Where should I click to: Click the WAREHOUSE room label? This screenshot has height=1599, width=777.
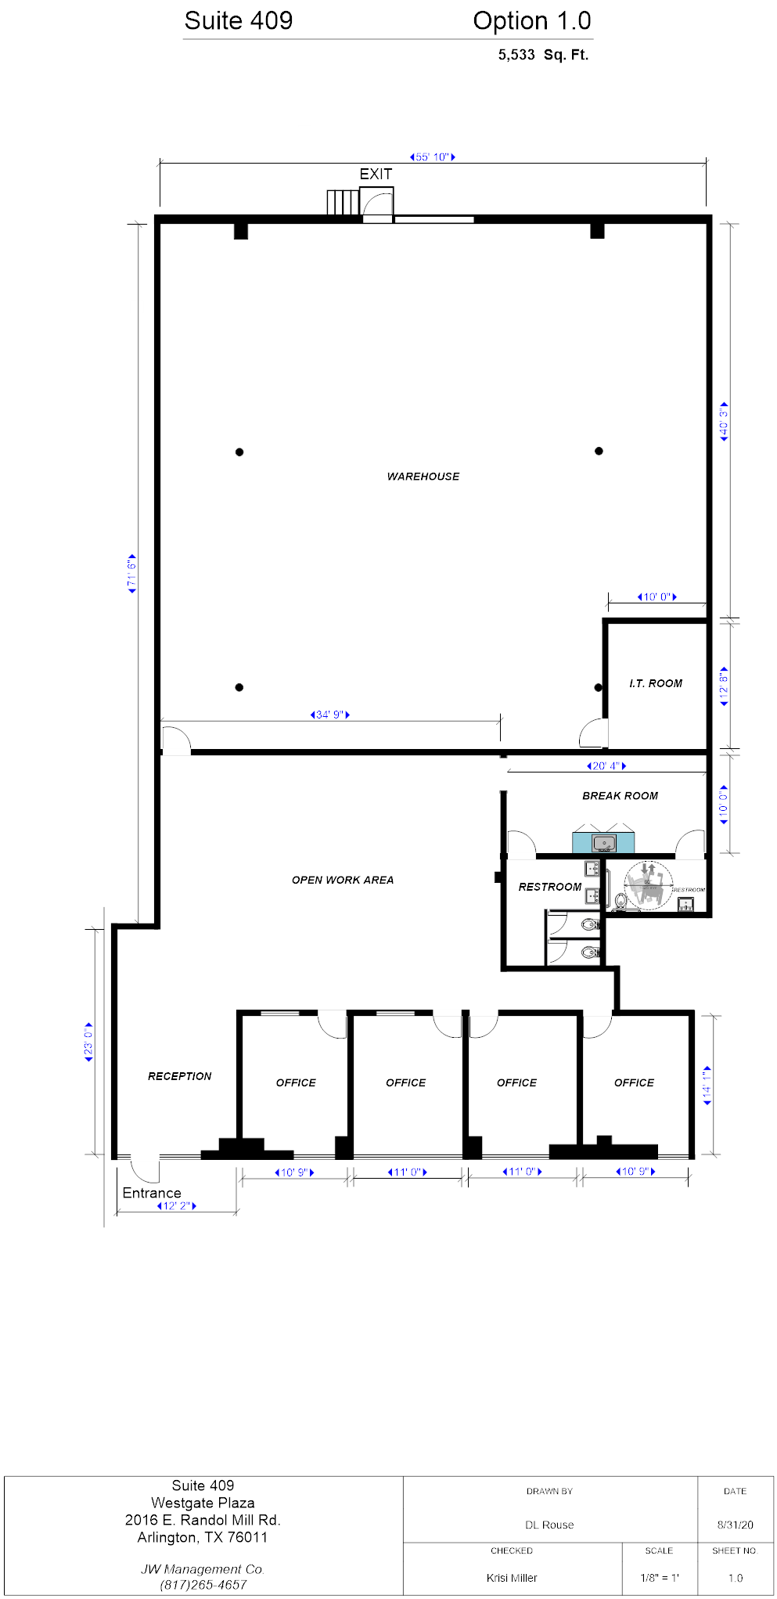pyautogui.click(x=423, y=476)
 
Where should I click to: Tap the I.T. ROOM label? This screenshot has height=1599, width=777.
pyautogui.click(x=656, y=683)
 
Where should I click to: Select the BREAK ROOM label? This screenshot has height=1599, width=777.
pyautogui.click(x=620, y=795)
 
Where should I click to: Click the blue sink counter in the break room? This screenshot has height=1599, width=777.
pyautogui.click(x=603, y=843)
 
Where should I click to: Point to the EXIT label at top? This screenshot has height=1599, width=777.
pyautogui.click(x=376, y=174)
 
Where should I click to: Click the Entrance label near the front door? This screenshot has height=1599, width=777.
pyautogui.click(x=152, y=1193)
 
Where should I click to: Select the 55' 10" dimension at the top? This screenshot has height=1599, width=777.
pyautogui.click(x=433, y=157)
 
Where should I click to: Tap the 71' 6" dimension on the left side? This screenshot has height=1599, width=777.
pyautogui.click(x=131, y=574)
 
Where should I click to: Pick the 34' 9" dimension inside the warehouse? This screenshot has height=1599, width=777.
pyautogui.click(x=329, y=715)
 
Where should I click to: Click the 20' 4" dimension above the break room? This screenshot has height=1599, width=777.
pyautogui.click(x=606, y=765)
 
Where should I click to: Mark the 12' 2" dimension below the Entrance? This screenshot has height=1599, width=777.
pyautogui.click(x=176, y=1205)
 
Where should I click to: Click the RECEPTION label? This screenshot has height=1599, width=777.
pyautogui.click(x=179, y=1076)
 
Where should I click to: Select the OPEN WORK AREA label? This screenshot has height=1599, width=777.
pyautogui.click(x=343, y=880)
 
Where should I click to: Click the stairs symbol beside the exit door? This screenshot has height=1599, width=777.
pyautogui.click(x=343, y=202)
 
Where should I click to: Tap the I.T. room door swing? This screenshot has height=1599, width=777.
pyautogui.click(x=592, y=733)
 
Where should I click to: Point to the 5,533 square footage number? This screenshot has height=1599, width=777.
pyautogui.click(x=516, y=55)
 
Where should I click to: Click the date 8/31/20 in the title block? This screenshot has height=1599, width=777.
pyautogui.click(x=735, y=1525)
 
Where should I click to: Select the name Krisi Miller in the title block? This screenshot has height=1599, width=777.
pyautogui.click(x=512, y=1578)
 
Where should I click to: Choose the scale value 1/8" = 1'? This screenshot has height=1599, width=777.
pyautogui.click(x=659, y=1578)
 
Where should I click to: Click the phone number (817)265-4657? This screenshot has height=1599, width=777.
pyautogui.click(x=203, y=1585)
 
